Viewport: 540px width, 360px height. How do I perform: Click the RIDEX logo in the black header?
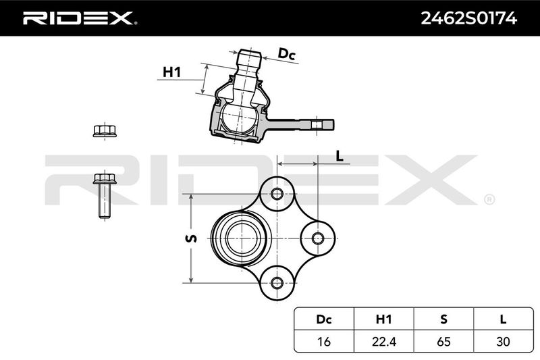(80, 18)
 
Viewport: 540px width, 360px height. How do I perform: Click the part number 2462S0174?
(468, 18)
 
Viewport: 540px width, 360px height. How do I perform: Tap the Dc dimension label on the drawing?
(286, 55)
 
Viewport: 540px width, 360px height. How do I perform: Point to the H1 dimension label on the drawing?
(171, 72)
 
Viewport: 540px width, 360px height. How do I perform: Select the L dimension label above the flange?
(340, 157)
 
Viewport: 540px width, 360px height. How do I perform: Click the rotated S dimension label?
(191, 238)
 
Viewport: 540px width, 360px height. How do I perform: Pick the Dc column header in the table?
(324, 319)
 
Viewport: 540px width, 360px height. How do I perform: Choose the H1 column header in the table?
(383, 319)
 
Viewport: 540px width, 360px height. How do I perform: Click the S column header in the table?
(443, 319)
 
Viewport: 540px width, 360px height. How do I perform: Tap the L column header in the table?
(503, 319)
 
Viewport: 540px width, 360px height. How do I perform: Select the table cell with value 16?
(324, 341)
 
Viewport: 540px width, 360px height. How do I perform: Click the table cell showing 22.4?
(383, 341)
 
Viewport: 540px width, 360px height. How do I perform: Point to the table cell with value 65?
(443, 341)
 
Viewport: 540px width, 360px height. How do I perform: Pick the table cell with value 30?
(503, 341)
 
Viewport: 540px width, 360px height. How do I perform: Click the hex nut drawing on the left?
(105, 131)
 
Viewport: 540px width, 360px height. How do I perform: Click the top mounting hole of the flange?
(277, 194)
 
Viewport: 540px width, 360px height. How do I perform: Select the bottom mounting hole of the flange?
(277, 283)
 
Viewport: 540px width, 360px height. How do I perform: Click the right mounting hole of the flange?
(317, 238)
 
